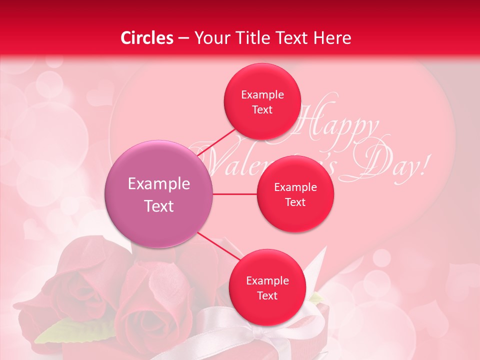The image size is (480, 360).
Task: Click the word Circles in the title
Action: click(x=147, y=38)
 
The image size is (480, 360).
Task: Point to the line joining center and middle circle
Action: click(x=235, y=194)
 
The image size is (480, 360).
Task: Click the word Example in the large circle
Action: click(x=159, y=184)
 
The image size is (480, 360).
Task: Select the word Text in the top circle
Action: click(x=262, y=110)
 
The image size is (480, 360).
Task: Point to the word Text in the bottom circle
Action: click(x=267, y=295)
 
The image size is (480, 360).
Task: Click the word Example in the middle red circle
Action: click(x=295, y=187)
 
